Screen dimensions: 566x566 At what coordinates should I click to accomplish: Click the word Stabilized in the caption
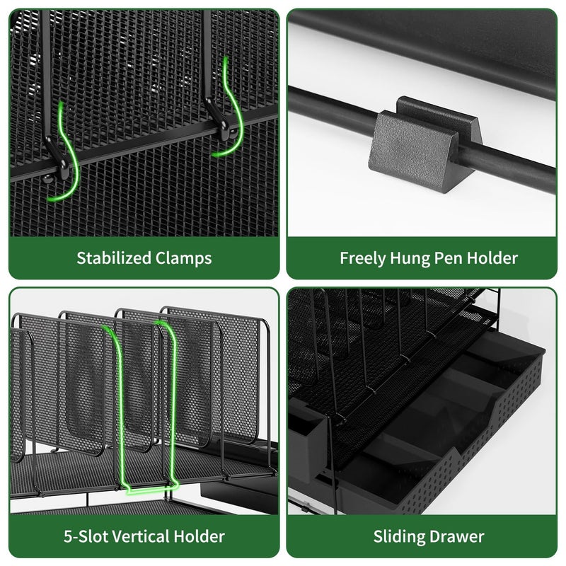(x=114, y=258)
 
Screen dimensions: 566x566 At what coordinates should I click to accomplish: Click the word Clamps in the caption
(x=184, y=258)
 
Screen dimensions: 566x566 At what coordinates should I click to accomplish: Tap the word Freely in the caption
(x=362, y=258)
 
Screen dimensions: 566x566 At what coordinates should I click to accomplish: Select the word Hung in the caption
(x=410, y=258)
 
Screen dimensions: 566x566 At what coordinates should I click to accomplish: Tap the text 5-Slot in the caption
(x=86, y=536)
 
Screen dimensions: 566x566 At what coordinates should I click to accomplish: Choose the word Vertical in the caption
(x=141, y=536)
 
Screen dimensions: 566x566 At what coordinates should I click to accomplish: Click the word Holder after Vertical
(x=200, y=536)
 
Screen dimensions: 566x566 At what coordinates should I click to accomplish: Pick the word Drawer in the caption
(x=456, y=537)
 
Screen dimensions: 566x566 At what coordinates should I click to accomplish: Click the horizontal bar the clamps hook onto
(x=144, y=144)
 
